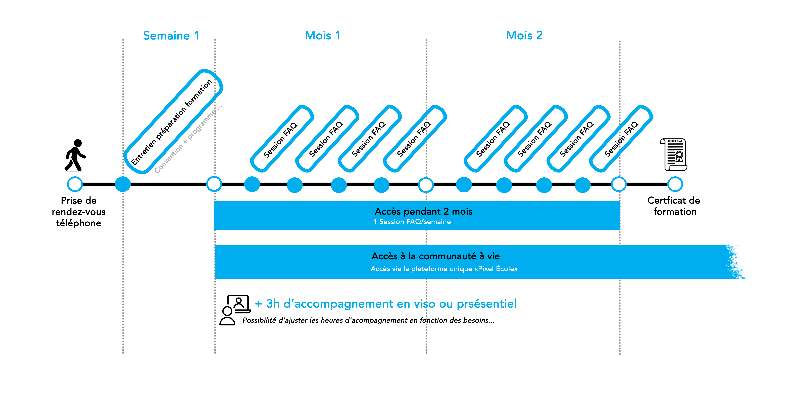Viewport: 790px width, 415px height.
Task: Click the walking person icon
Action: [x=75, y=155]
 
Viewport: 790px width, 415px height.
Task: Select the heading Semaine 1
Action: [x=171, y=36]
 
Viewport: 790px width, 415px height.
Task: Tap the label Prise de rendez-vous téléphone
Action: [x=78, y=212]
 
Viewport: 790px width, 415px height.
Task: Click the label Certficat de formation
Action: [x=674, y=206]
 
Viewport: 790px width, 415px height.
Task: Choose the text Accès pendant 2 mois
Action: [x=424, y=212]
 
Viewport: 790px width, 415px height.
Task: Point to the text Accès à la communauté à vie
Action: [x=435, y=256]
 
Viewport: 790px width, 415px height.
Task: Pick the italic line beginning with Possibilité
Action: [x=368, y=320]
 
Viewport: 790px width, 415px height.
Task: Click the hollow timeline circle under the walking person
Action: [x=75, y=184]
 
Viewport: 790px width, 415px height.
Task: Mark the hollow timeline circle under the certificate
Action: [x=675, y=184]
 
